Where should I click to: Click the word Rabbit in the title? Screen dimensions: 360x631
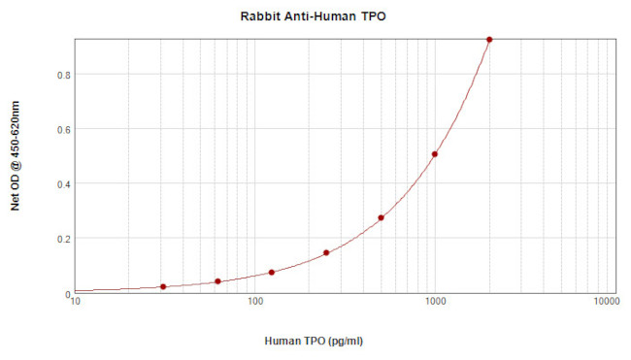260,17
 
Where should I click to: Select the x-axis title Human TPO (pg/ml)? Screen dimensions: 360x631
315,342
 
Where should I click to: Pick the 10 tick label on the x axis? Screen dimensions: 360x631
76,303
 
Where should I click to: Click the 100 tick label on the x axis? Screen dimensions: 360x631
254,303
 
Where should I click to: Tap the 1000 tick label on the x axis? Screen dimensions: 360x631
434,303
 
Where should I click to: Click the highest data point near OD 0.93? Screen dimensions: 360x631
489,40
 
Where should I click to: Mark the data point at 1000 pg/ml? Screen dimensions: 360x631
435,154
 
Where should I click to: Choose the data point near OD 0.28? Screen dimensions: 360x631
381,217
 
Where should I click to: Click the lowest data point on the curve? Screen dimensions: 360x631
163,286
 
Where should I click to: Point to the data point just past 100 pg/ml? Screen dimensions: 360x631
272,273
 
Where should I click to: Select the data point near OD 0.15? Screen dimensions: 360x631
326,252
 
